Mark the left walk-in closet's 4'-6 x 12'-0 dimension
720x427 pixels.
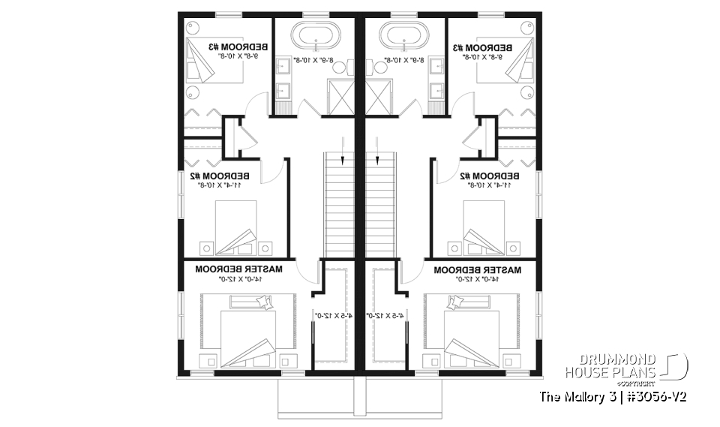click(329, 316)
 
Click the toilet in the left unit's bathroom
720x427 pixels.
click(337, 68)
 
